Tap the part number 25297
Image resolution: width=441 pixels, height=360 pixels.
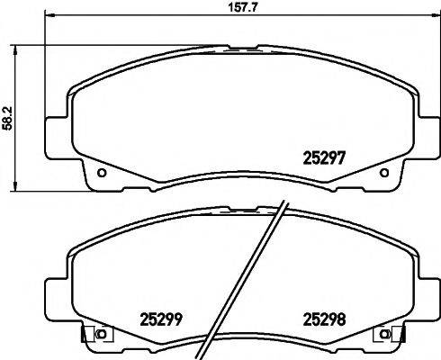(321, 155)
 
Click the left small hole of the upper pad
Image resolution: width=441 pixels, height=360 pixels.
(102, 173)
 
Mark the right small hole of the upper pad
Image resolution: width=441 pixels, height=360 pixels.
(384, 173)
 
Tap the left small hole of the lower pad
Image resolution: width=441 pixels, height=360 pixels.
(101, 335)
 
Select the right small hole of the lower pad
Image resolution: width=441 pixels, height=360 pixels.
(385, 335)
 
